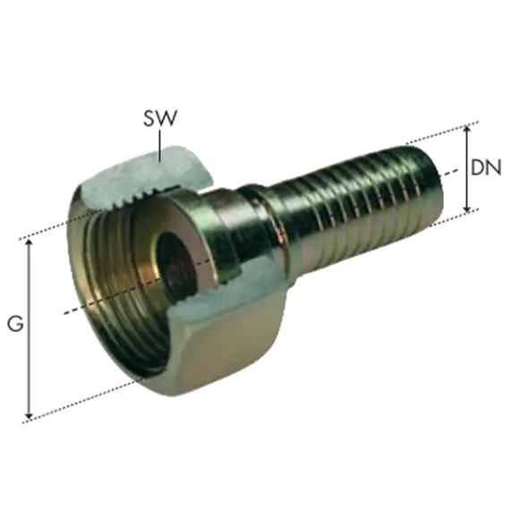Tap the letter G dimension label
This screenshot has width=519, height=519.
point(14,326)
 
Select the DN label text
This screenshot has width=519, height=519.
point(488,167)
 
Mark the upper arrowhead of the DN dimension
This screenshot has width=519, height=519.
point(467,128)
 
